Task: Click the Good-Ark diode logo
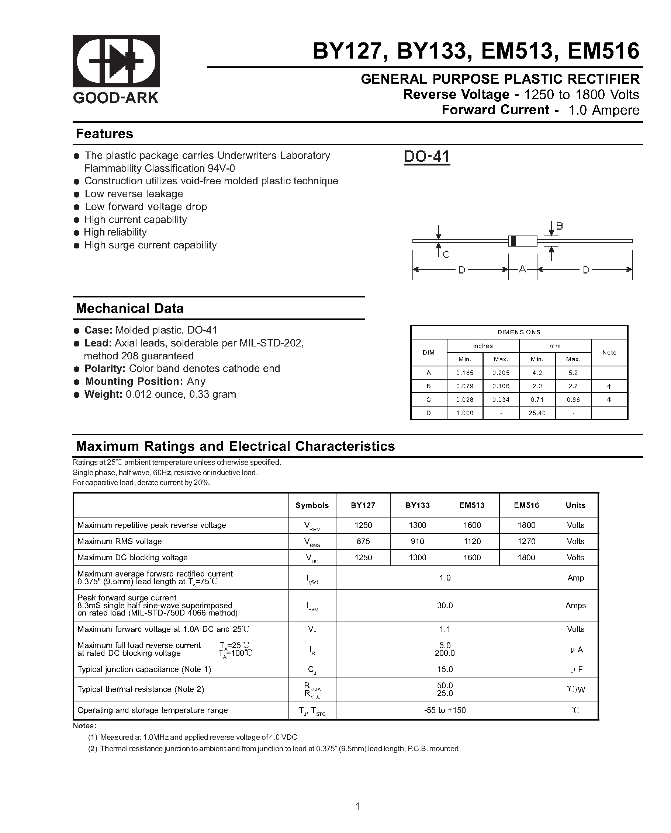(x=116, y=61)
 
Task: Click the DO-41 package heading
(x=426, y=157)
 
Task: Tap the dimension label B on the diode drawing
(x=559, y=226)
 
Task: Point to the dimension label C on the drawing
(x=446, y=255)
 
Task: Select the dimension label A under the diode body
(x=522, y=269)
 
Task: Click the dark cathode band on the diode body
(x=512, y=241)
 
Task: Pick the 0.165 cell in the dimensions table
(x=464, y=373)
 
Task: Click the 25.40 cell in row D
(x=537, y=413)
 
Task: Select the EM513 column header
(x=472, y=505)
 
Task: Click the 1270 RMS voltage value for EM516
(x=526, y=541)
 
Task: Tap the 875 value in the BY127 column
(x=363, y=541)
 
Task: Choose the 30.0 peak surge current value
(x=445, y=606)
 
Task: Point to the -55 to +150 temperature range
(x=445, y=710)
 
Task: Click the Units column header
(x=575, y=505)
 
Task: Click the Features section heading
(x=104, y=134)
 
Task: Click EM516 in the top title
(x=603, y=51)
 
